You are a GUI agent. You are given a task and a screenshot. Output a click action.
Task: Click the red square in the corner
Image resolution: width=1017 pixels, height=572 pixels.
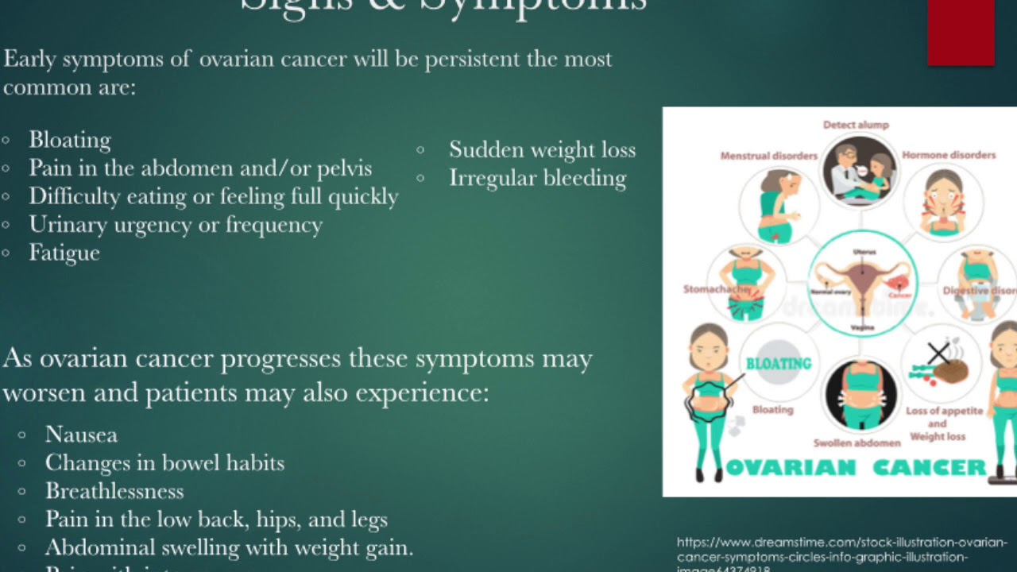coord(961,32)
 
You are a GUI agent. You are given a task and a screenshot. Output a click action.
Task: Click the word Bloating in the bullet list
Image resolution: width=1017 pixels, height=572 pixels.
coord(70,140)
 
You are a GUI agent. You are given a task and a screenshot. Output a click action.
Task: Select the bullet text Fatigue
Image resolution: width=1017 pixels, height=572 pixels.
coord(64,253)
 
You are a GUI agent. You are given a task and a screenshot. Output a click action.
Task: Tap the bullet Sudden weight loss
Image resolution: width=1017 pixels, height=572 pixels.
coord(542,149)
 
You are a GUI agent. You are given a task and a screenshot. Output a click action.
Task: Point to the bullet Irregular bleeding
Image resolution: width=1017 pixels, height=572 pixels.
coord(537,178)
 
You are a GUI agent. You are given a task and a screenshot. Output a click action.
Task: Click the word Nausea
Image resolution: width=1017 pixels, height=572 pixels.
coord(81,435)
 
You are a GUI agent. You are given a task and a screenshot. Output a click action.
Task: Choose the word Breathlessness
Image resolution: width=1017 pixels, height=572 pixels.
coord(114,491)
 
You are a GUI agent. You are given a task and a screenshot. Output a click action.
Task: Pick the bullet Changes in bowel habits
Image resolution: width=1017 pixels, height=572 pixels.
coord(164,462)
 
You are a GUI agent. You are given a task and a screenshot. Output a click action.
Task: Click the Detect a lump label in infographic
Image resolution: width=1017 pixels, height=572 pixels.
coord(856,125)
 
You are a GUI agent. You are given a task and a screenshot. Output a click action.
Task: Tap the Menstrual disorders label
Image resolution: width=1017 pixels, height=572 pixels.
coord(768,156)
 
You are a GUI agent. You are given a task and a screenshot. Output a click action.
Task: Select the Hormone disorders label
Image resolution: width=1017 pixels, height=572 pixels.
coord(949,155)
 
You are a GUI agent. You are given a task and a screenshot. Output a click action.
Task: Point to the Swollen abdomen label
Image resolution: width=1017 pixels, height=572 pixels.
coord(857,443)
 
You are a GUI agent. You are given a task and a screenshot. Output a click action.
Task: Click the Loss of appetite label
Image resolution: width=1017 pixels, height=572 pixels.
coord(945,412)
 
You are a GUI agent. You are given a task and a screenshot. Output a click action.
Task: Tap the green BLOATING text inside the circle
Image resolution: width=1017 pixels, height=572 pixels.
coord(778,364)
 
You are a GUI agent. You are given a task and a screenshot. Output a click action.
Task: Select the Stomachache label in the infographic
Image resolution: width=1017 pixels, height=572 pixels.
coord(715,289)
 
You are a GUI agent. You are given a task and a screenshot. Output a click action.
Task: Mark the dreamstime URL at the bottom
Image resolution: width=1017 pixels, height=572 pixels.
coord(841,550)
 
